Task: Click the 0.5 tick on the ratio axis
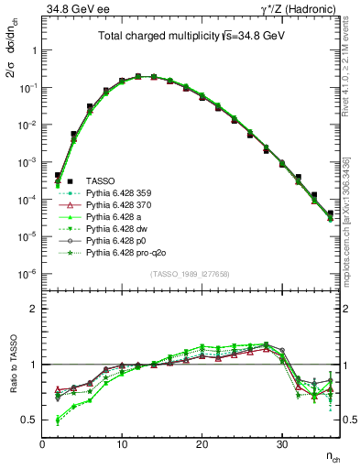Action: [29, 420]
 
